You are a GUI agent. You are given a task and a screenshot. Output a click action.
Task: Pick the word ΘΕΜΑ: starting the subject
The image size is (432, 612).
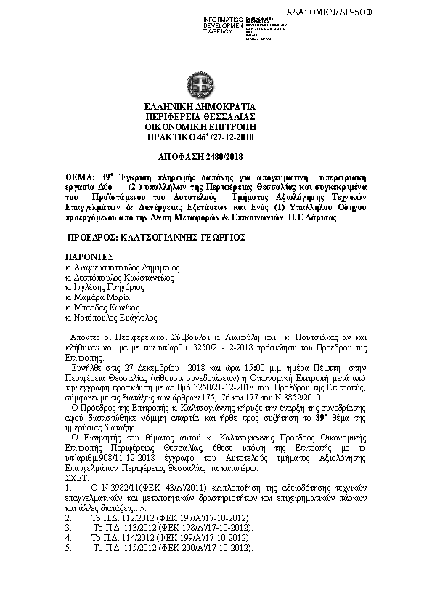tap(80, 177)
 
